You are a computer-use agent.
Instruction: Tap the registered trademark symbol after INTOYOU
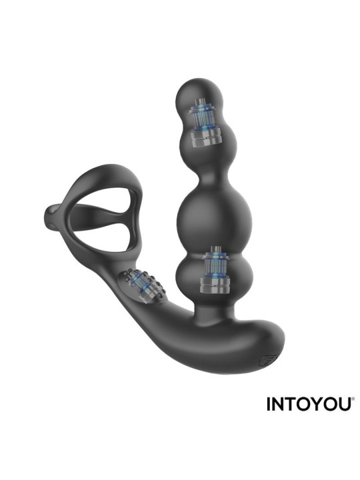point(353,399)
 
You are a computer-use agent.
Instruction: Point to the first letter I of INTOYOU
point(269,404)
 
